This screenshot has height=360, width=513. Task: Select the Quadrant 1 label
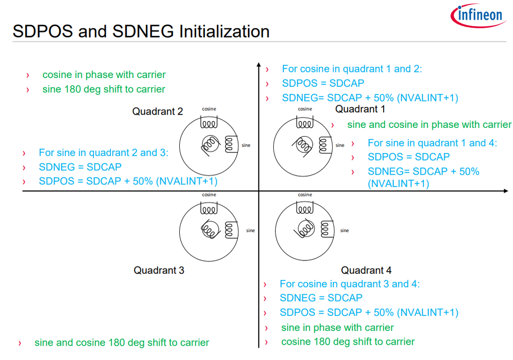tap(360, 109)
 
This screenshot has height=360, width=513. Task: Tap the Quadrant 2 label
tap(158, 111)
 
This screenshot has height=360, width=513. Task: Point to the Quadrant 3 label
tap(159, 270)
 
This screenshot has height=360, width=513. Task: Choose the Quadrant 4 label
tap(366, 270)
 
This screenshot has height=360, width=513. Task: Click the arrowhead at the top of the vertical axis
tap(258, 65)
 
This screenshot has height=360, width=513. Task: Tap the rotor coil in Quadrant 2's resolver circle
tap(210, 144)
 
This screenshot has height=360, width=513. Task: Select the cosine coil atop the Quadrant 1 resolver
tap(305, 124)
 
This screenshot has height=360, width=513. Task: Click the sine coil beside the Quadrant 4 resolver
tap(324, 228)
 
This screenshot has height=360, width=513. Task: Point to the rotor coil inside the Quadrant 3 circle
tap(210, 229)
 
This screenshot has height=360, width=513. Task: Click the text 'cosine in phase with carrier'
tap(104, 75)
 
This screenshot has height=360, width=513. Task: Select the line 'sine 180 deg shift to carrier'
tap(104, 89)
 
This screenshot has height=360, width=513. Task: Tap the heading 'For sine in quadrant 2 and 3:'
tap(103, 153)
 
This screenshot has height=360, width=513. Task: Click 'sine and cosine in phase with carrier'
tap(429, 124)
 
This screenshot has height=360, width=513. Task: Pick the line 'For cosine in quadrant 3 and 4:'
tap(349, 283)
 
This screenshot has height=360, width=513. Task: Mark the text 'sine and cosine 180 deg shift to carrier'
tap(122, 343)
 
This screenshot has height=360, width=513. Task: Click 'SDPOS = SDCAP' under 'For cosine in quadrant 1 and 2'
tap(322, 83)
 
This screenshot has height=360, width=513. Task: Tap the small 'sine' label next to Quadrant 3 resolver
tap(250, 231)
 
